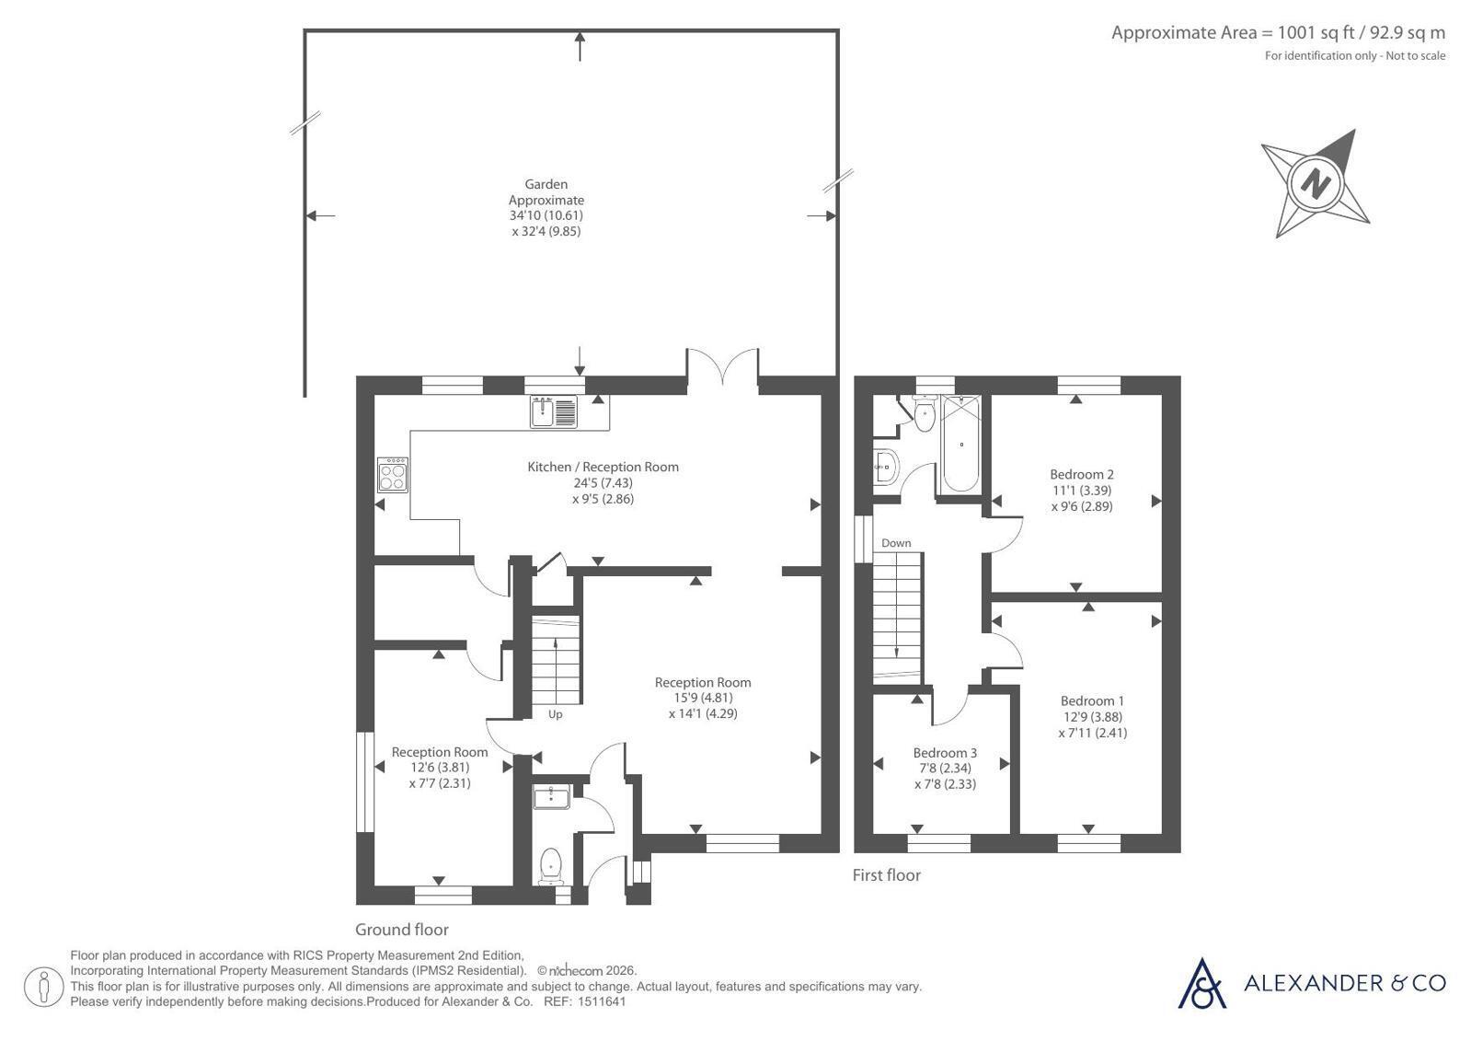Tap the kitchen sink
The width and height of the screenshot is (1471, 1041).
(x=554, y=412)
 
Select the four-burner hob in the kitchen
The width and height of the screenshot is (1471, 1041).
(x=393, y=475)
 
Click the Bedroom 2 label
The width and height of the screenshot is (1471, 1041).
(x=1082, y=475)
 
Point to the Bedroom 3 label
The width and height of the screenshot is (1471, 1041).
(x=945, y=753)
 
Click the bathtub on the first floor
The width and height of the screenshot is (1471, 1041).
(x=961, y=445)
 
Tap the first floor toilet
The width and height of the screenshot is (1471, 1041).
(x=925, y=413)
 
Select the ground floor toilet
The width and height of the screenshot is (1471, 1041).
(x=550, y=867)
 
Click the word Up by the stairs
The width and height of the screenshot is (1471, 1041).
(x=556, y=714)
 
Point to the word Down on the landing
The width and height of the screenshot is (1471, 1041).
(x=896, y=543)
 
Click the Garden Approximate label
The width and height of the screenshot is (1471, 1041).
(x=546, y=191)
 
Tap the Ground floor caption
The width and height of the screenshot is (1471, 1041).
(x=402, y=930)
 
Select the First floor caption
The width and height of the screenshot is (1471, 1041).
(x=887, y=874)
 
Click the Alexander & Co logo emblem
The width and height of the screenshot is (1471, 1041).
(x=1201, y=984)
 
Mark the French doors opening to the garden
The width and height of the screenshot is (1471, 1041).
(x=722, y=366)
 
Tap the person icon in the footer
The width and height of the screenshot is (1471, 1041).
(x=44, y=987)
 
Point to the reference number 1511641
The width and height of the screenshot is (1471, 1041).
(x=602, y=1001)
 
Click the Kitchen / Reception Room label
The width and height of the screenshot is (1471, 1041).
(x=603, y=468)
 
